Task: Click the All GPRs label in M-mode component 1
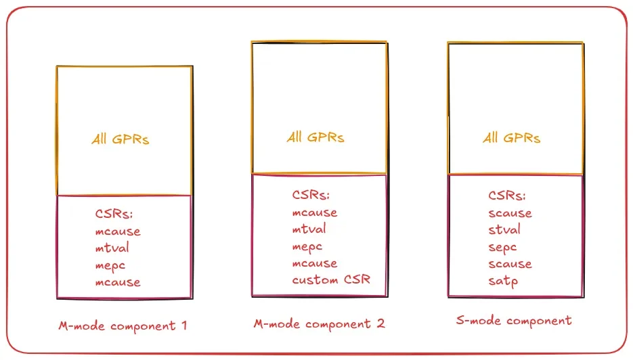coord(121,139)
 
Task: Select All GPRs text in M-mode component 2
coord(315,137)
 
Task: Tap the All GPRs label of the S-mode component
coord(511,138)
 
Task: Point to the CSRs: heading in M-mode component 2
coord(311,196)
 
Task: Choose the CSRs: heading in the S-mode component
coord(506,196)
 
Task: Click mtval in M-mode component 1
coord(112,248)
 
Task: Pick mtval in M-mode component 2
coord(309,229)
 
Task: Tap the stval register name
coord(504,230)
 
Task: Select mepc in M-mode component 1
coord(110,265)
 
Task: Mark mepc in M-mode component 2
coord(307,246)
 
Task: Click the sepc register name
coord(502,247)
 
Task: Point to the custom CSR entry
coord(331,279)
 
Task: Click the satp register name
coord(503,281)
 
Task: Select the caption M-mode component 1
coord(123,325)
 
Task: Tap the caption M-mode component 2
coord(319,323)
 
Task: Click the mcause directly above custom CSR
coord(315,263)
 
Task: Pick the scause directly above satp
coord(510,264)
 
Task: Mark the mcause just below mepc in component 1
coord(118,282)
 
